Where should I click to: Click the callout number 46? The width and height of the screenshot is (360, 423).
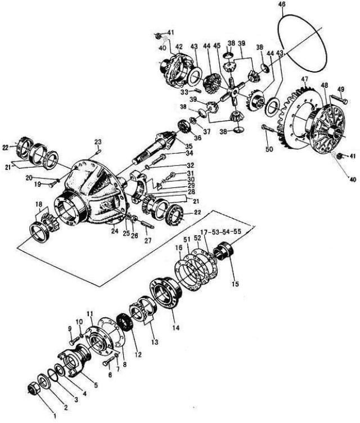[282, 4]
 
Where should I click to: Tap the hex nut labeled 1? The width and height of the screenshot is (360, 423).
[34, 388]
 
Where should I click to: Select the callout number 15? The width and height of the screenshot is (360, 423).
[235, 284]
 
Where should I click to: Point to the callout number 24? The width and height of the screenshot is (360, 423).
[115, 231]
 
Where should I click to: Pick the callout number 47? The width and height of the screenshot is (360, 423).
[305, 79]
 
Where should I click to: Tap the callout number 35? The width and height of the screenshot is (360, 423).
[188, 146]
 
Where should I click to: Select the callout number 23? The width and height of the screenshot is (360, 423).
[98, 142]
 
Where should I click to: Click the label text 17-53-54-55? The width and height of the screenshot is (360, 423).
[220, 232]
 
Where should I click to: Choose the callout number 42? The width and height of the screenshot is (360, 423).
[179, 47]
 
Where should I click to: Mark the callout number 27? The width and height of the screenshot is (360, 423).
[147, 240]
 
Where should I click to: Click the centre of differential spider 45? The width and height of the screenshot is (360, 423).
[234, 92]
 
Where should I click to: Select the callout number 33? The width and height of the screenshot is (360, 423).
[184, 92]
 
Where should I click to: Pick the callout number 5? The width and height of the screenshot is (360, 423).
[96, 385]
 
